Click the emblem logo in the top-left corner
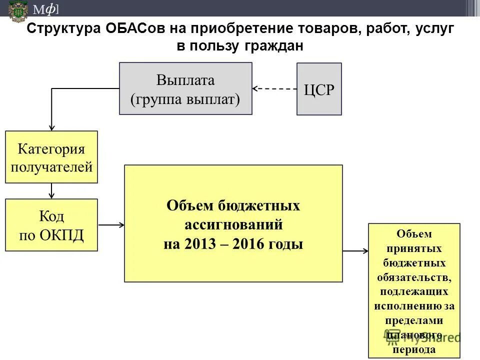click(x=18, y=10)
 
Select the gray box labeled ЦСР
click(x=319, y=89)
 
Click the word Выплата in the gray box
click(x=185, y=80)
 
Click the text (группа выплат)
click(x=185, y=99)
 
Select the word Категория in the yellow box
click(x=51, y=149)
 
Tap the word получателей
click(x=51, y=166)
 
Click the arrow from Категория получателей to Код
click(x=51, y=191)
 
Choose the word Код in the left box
click(x=51, y=216)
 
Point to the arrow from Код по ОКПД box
click(x=111, y=225)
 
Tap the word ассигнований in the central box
click(x=233, y=225)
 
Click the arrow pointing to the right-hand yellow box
click(x=355, y=250)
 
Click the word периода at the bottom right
click(x=414, y=349)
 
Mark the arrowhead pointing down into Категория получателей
click(x=51, y=127)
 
